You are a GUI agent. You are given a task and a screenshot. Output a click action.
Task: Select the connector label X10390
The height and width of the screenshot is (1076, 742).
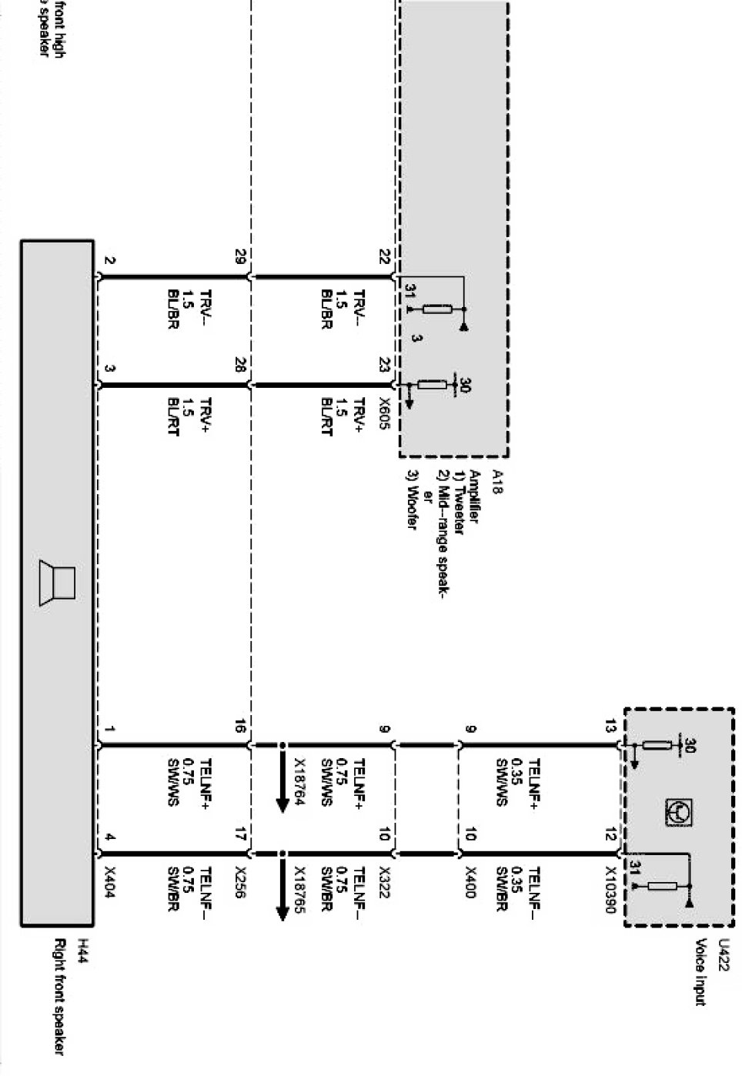point(610,890)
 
